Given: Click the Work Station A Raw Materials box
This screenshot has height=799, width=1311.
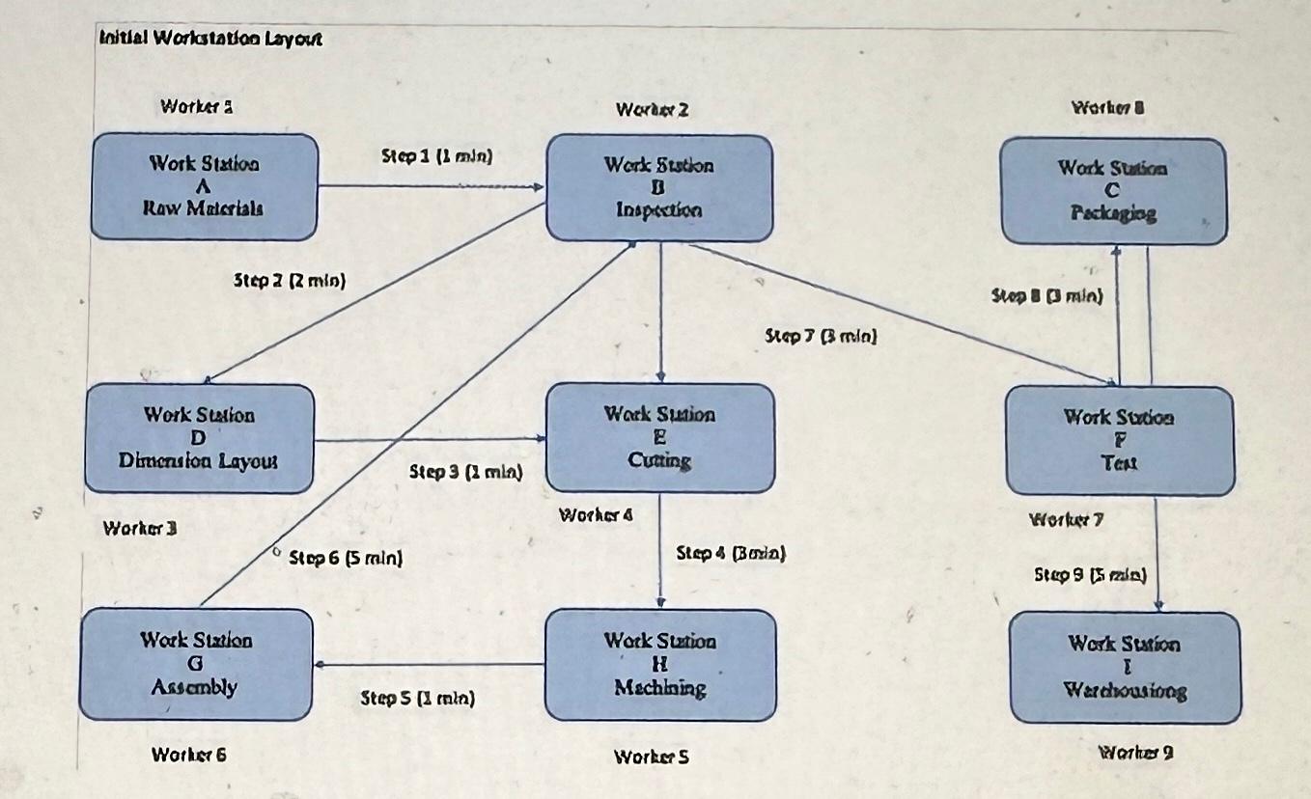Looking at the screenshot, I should (204, 186).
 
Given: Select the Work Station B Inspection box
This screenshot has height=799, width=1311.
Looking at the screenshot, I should (659, 187).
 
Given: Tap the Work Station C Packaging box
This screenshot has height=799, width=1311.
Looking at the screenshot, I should (1113, 190).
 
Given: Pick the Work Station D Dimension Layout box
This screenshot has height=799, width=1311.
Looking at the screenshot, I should (199, 438).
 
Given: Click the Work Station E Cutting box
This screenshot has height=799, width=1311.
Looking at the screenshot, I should (659, 437).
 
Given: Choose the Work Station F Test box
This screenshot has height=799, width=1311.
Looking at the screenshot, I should (1119, 440).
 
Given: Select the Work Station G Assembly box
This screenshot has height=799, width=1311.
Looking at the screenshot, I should (196, 664).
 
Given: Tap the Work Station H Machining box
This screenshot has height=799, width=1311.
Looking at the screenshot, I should (660, 664).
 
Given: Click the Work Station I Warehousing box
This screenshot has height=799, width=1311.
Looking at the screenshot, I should (1125, 667).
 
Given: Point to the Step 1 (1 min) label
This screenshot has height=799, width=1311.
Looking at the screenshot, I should (437, 156).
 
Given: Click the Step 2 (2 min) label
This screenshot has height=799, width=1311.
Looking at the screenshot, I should (290, 281).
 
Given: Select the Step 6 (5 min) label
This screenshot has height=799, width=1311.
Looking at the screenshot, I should (346, 558).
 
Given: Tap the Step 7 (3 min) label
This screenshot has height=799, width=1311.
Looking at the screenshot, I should (821, 337).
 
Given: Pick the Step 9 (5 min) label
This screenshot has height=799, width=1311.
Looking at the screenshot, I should (1090, 575).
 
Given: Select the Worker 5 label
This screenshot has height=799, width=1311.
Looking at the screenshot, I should (652, 758).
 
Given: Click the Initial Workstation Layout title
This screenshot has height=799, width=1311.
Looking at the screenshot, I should (210, 40).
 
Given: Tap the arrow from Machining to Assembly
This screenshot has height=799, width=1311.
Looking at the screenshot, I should (430, 664).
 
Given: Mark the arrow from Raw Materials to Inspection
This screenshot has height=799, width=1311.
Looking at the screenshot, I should (432, 186).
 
